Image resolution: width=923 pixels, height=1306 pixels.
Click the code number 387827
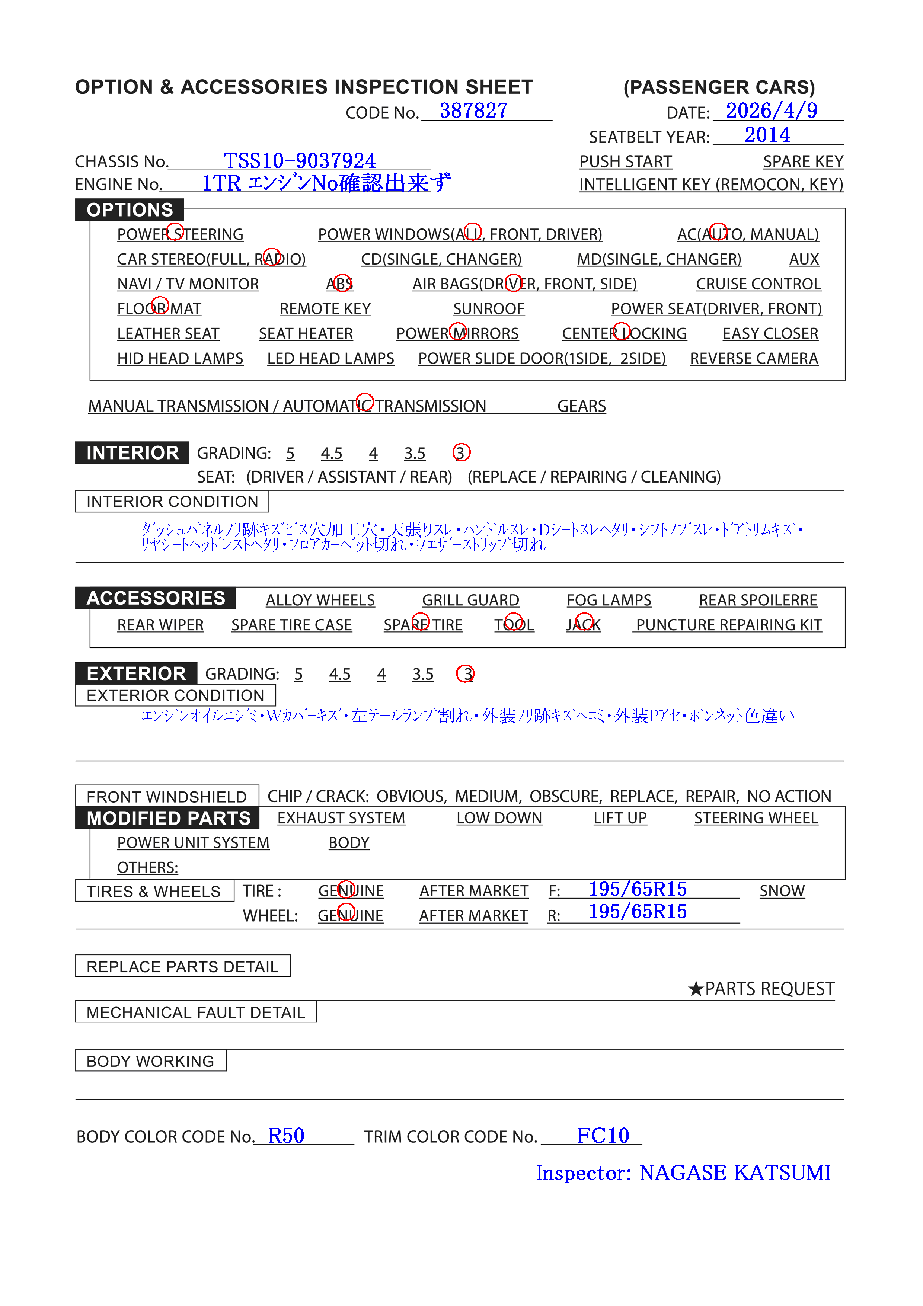pyautogui.click(x=473, y=111)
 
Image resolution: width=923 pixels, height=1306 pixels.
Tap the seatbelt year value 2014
pyautogui.click(x=767, y=135)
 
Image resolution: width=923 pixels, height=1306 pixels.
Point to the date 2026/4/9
pyautogui.click(x=771, y=111)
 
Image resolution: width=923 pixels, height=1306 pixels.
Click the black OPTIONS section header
pyautogui.click(x=130, y=210)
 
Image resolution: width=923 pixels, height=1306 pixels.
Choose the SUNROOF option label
pyautogui.click(x=488, y=309)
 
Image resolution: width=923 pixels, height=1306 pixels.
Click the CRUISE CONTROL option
pyautogui.click(x=758, y=284)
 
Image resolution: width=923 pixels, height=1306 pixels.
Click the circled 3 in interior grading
pyautogui.click(x=461, y=453)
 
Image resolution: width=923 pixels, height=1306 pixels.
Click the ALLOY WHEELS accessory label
pyautogui.click(x=320, y=600)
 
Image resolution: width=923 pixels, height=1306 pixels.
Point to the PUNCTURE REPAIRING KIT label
pyautogui.click(x=728, y=625)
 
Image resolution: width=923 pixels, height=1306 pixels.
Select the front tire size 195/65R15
pyautogui.click(x=637, y=889)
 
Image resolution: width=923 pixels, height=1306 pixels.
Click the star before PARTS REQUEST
pyautogui.click(x=695, y=989)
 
